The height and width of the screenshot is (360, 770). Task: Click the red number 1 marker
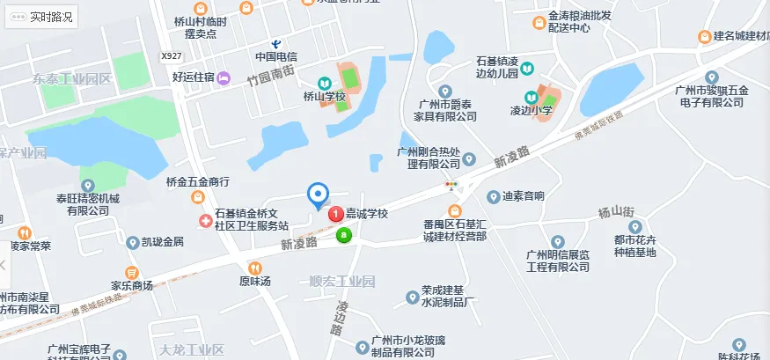[x=335, y=214]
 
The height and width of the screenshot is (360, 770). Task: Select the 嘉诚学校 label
[x=366, y=214]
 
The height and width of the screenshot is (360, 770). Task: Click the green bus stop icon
[x=344, y=235]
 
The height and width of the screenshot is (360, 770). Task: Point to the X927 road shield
[x=172, y=56]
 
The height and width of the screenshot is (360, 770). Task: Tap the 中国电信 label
[x=276, y=57]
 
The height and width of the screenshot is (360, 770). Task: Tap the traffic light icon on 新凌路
[x=452, y=185]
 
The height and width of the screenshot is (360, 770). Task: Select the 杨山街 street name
[x=616, y=212]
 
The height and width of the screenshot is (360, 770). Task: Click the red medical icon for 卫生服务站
[x=204, y=217]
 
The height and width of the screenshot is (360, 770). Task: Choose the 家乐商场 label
[x=132, y=285]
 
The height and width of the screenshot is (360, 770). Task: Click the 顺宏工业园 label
[x=342, y=282]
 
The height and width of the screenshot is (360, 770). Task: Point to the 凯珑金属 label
[x=162, y=241]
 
